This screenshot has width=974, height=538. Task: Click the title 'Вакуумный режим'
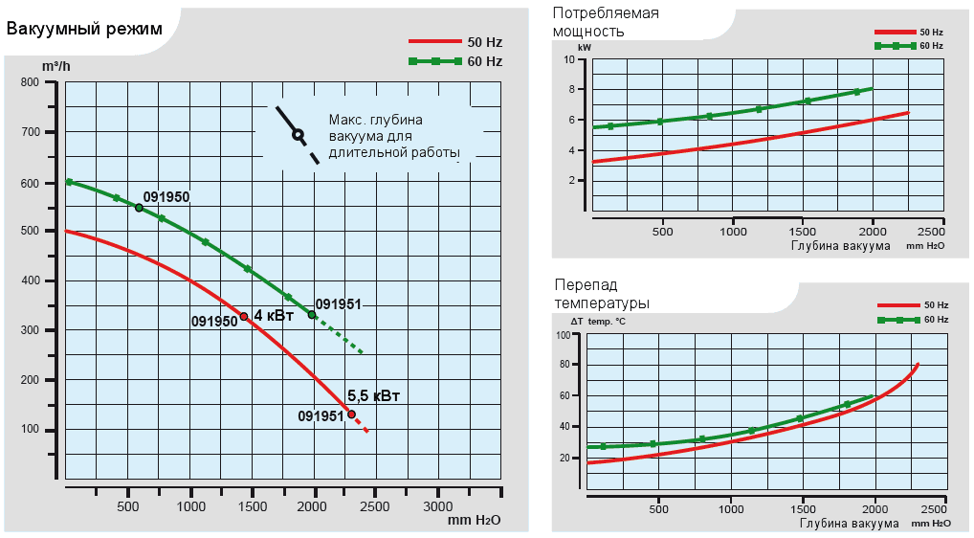[x=84, y=29]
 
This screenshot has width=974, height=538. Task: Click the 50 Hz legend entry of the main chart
[x=454, y=42]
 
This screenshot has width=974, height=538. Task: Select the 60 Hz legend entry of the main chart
[x=454, y=61]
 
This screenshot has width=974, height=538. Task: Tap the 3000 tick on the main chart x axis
[x=437, y=504]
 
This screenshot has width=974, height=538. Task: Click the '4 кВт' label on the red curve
[x=274, y=315]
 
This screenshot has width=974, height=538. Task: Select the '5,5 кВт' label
[x=373, y=395]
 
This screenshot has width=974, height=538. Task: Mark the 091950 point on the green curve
[x=139, y=208]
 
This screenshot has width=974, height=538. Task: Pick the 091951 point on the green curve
[x=312, y=315]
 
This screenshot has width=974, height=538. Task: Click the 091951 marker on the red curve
[x=351, y=415]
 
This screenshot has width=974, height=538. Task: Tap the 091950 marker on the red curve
[x=244, y=317]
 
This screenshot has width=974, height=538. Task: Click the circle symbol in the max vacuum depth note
[x=298, y=135]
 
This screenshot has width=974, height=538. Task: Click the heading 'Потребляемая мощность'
[x=606, y=21]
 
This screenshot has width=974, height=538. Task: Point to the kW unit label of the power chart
[x=585, y=46]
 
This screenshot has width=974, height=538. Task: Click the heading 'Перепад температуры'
[x=602, y=294]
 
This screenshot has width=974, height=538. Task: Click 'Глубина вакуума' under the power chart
[x=840, y=245]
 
